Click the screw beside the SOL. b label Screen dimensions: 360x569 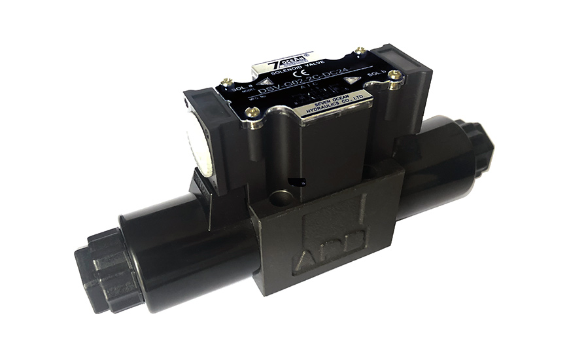393,77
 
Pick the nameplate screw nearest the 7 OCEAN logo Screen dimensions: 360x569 360,50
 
